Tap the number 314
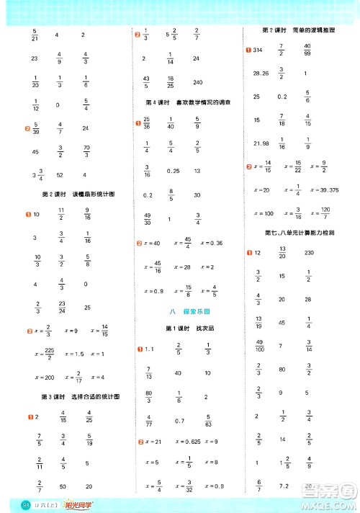pos(258,49)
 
